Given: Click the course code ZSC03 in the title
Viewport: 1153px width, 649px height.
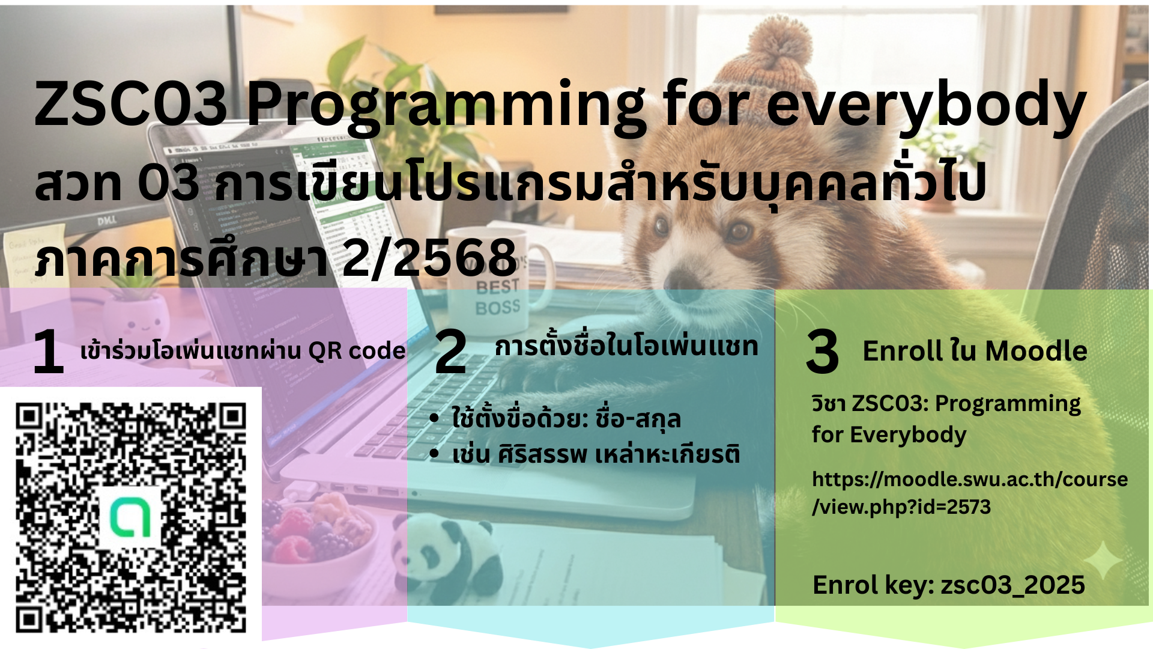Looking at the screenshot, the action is click(131, 103).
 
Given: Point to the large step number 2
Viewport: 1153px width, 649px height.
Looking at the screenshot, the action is click(450, 352).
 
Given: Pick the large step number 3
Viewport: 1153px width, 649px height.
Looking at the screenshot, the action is click(822, 352).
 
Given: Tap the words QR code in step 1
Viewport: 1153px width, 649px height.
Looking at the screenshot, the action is click(357, 351).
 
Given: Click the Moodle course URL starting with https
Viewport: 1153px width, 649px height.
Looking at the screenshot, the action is click(970, 493).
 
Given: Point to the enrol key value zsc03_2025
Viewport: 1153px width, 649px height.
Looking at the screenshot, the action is click(1013, 585).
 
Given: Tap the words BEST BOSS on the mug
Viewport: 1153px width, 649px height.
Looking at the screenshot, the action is click(498, 297).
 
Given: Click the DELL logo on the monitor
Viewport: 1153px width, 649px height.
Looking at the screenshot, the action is click(107, 221).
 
